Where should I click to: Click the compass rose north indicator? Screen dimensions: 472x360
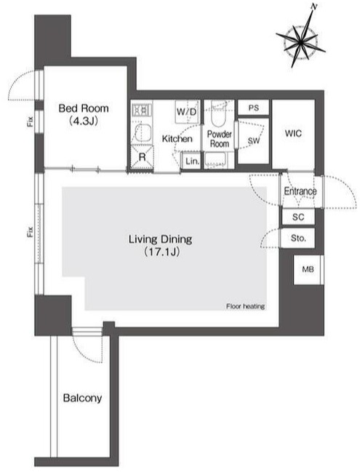313,7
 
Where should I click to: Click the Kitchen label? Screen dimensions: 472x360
177,139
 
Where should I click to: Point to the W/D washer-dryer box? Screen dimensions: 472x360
187,111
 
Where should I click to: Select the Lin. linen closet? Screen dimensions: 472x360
192,161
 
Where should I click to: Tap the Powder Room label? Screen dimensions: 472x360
219,139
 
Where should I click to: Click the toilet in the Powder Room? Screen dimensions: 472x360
218,116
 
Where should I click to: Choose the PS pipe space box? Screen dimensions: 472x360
254,108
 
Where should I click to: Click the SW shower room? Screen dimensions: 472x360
254,141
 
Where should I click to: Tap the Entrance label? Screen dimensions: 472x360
300,191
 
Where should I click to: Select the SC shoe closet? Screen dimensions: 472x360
298,217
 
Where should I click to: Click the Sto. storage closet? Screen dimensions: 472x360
298,238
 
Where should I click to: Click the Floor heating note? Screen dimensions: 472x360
245,306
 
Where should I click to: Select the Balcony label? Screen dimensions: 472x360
81,399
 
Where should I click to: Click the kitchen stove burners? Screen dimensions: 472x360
140,111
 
